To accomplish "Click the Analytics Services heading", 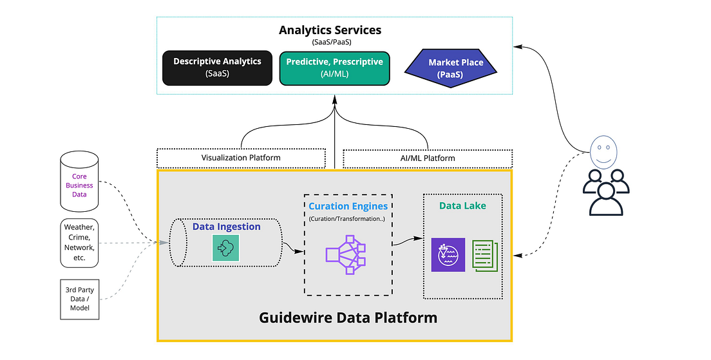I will click(x=330, y=30).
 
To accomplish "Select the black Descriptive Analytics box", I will click(x=217, y=68).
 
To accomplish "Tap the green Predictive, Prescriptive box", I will click(x=334, y=68).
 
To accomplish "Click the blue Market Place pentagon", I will click(x=456, y=68).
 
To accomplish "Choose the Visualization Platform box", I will click(x=241, y=158).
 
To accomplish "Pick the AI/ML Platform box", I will click(x=427, y=158).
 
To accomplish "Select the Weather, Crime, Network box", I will click(x=79, y=242).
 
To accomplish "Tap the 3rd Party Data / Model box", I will click(x=80, y=299).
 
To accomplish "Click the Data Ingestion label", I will click(x=226, y=227).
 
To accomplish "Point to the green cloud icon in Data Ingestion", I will click(x=225, y=248).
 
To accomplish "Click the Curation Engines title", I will click(x=348, y=206).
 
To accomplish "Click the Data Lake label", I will click(x=462, y=206).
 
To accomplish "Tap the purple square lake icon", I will click(x=448, y=254).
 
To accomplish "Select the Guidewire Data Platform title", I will click(x=348, y=317).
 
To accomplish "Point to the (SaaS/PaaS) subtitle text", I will click(x=330, y=42).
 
